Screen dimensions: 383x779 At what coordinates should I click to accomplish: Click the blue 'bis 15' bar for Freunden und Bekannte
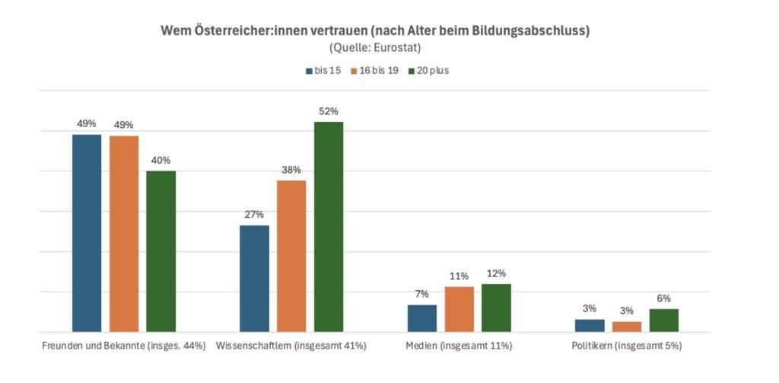(x=87, y=233)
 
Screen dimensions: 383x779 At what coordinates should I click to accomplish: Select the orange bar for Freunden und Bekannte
(x=124, y=234)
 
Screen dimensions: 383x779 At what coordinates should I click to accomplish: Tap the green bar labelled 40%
(x=161, y=251)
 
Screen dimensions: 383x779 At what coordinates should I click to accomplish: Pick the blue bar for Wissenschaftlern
(x=254, y=279)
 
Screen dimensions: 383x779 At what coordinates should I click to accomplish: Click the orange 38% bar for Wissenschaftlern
(x=291, y=256)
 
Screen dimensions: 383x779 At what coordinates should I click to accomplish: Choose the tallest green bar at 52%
(x=329, y=227)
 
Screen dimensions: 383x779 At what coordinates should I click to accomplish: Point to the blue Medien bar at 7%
(x=422, y=318)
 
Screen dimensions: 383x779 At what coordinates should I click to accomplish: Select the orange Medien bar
(x=459, y=309)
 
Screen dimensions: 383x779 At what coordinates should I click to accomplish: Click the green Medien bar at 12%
(x=496, y=308)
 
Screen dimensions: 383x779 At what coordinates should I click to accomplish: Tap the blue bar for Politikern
(x=590, y=325)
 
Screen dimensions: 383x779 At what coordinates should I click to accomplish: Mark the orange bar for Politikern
(x=627, y=327)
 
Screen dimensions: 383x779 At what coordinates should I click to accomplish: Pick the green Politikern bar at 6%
(x=664, y=321)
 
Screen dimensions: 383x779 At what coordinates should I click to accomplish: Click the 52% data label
(x=329, y=111)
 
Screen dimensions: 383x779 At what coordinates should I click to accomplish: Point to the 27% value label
(x=254, y=215)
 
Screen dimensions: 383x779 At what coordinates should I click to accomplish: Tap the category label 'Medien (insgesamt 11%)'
(x=459, y=346)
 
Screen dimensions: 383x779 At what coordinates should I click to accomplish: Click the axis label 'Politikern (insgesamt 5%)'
(x=627, y=346)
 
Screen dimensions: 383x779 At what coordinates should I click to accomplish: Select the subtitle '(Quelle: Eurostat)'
(x=389, y=48)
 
